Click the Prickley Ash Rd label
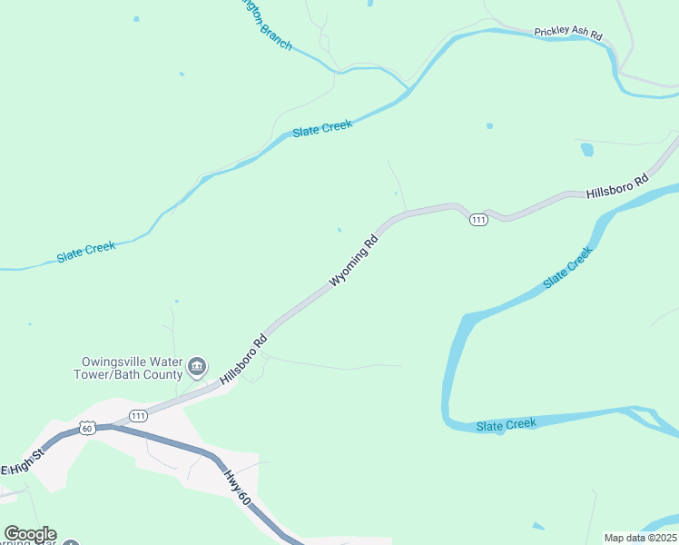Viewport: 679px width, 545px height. (568, 33)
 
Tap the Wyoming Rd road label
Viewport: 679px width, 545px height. (353, 262)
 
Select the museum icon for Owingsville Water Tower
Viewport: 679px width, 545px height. (197, 368)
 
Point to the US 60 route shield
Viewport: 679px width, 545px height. (87, 427)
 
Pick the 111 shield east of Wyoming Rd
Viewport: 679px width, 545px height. (478, 220)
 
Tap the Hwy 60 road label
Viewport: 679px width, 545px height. (235, 491)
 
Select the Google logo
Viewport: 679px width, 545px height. (30, 534)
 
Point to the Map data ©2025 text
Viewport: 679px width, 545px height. (641, 538)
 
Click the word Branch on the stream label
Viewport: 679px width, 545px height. (275, 35)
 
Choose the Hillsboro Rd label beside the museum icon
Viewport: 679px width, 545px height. (242, 360)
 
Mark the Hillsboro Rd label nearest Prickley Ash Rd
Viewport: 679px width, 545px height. (617, 186)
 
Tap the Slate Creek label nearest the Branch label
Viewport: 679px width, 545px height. (322, 129)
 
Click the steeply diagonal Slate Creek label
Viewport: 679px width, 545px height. (567, 268)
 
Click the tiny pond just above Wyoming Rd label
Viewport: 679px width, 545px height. (339, 230)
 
